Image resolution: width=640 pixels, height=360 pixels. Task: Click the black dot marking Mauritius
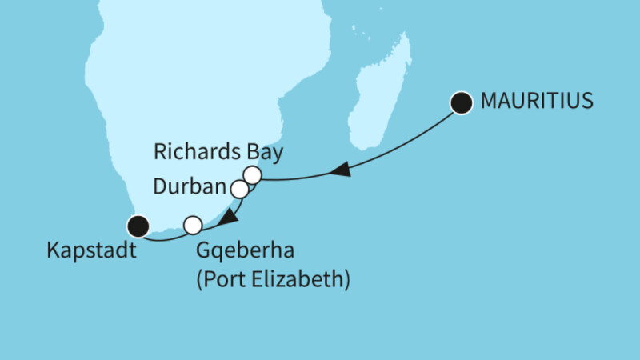coord(461,102)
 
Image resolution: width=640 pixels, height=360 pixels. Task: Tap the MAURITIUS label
coord(536,102)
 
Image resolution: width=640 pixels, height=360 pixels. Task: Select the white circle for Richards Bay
coord(253,174)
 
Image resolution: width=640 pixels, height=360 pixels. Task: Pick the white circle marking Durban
coord(239,190)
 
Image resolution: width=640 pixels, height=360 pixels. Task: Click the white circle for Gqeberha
coord(193,225)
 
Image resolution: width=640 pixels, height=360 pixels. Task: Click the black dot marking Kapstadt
coord(140,226)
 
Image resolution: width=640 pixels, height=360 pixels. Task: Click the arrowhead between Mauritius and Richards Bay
coord(340,170)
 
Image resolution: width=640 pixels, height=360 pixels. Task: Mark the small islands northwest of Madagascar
coord(354,30)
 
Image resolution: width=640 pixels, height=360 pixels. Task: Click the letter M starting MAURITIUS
coord(488,102)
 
